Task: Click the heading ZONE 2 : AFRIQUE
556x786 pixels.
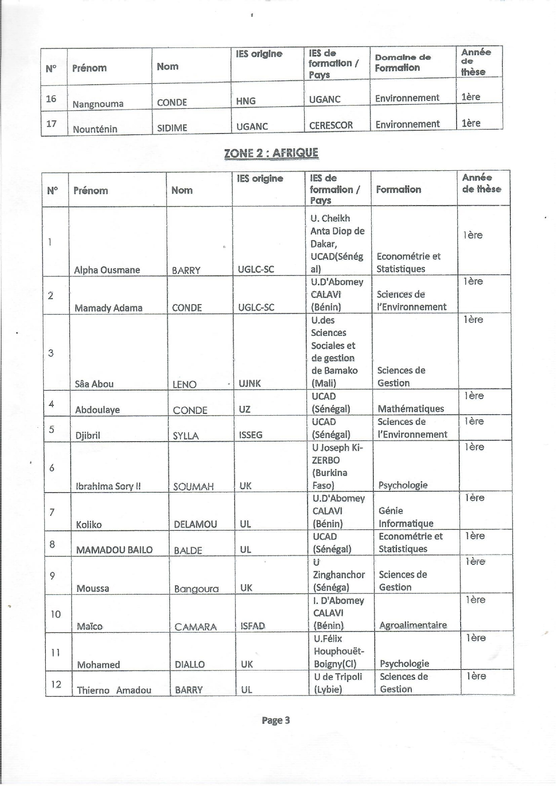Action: click(271, 153)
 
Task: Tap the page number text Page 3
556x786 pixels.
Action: click(276, 720)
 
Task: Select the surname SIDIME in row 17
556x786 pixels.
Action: click(172, 128)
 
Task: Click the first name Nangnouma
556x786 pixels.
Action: click(98, 104)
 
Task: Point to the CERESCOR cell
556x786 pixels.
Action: click(331, 125)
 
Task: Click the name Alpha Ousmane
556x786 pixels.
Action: click(107, 270)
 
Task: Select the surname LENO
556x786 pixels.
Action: click(184, 384)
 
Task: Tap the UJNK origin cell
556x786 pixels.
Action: click(250, 383)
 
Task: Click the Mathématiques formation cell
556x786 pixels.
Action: click(411, 408)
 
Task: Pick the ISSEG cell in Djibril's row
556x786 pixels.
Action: click(251, 434)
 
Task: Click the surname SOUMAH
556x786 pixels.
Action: click(193, 486)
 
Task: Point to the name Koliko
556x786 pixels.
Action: click(89, 524)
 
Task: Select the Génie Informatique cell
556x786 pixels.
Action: click(406, 517)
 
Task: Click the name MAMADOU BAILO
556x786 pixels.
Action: click(114, 550)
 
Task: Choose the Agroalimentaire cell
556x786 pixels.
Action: click(413, 625)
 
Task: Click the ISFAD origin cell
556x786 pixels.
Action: click(252, 626)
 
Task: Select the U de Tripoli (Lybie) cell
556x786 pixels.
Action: click(338, 683)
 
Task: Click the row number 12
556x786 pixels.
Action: click(56, 684)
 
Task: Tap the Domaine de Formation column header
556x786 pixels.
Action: click(402, 63)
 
